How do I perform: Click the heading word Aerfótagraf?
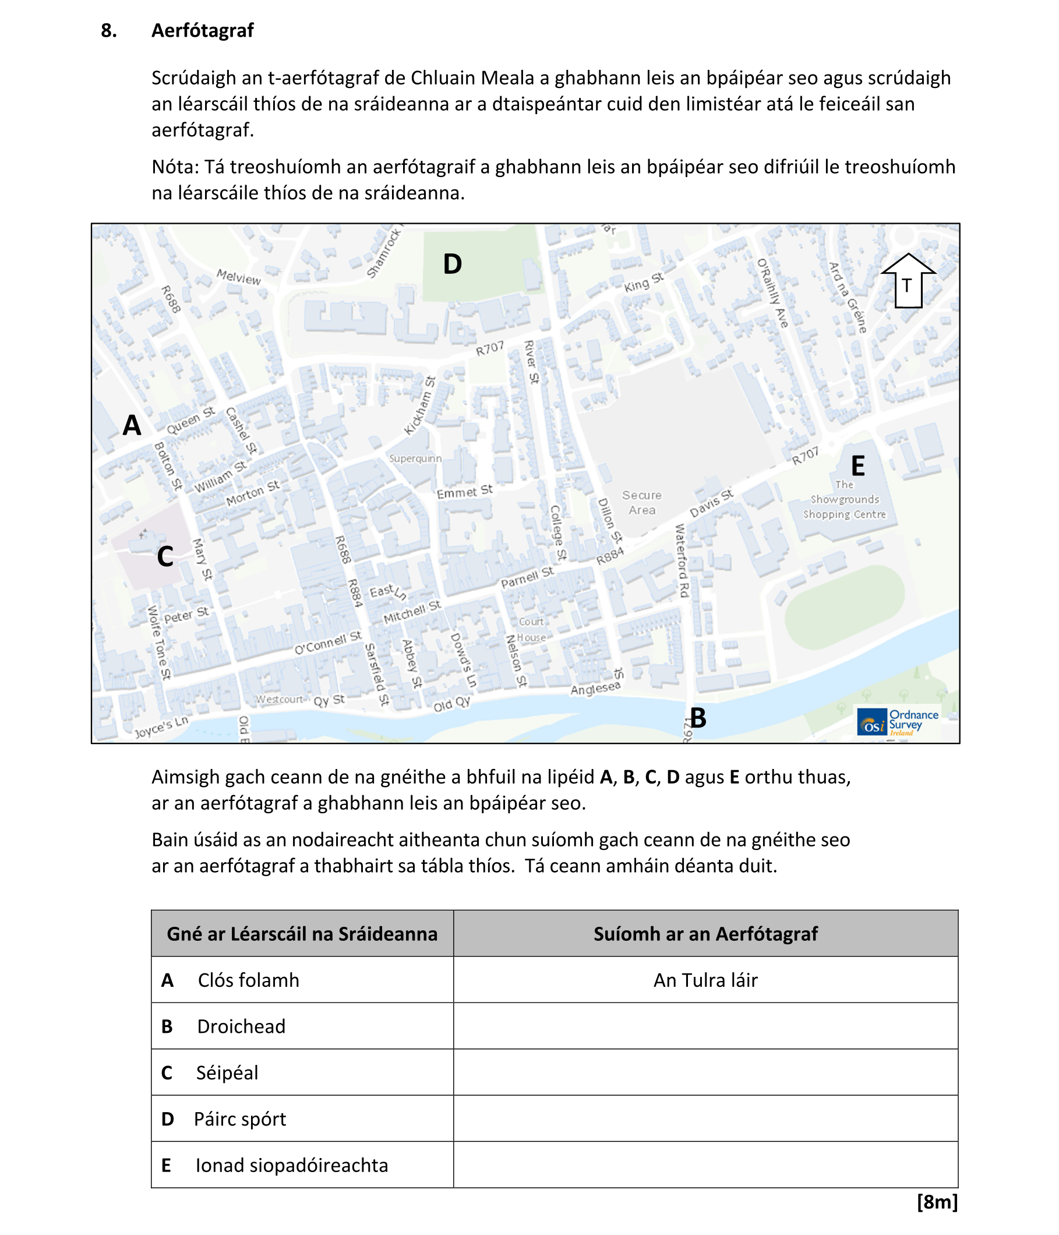pos(202,30)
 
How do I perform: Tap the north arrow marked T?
pos(906,281)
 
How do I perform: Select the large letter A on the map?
pos(132,426)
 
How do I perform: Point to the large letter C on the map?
pos(164,557)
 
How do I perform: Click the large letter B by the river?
pos(697,718)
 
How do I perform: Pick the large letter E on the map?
pos(857,466)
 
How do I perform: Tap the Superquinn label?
pos(415,458)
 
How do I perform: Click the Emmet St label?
pos(464,492)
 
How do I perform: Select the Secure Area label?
pos(641,503)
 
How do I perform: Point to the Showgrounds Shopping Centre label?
pos(844,500)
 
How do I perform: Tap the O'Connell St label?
pos(328,643)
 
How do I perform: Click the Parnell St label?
pos(527,577)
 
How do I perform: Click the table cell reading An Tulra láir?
pos(705,980)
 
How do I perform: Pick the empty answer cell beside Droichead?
pos(705,1026)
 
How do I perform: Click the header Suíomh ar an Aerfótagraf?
pos(705,933)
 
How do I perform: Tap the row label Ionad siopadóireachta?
pos(291,1165)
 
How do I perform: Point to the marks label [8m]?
pos(937,1202)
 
